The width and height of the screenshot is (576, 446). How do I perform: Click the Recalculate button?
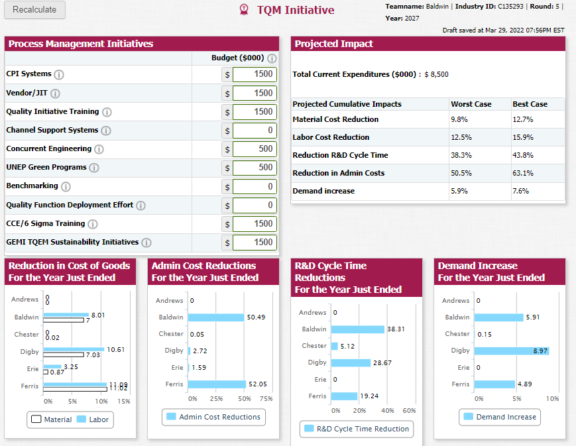pyautogui.click(x=34, y=9)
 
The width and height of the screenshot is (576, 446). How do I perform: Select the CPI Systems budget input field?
pyautogui.click(x=255, y=74)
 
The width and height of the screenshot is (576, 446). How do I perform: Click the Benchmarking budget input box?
pyautogui.click(x=255, y=186)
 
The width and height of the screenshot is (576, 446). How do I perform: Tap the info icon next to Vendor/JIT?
pyautogui.click(x=55, y=93)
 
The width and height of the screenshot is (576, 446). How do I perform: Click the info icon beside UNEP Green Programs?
pyautogui.click(x=94, y=168)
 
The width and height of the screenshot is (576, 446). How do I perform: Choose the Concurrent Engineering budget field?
pyautogui.click(x=255, y=149)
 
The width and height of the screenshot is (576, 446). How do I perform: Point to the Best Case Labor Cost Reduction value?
pyautogui.click(x=523, y=137)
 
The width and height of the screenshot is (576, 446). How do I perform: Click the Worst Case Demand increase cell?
pyautogui.click(x=459, y=191)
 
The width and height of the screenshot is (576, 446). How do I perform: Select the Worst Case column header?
pyautogui.click(x=471, y=104)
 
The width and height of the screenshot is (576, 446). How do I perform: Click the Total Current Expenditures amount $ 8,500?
pyautogui.click(x=436, y=74)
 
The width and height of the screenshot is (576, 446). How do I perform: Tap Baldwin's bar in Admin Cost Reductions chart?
pyautogui.click(x=216, y=317)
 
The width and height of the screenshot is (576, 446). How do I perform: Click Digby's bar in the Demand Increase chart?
pyautogui.click(x=512, y=351)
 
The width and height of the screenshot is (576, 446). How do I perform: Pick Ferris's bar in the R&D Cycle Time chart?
pyautogui.click(x=344, y=396)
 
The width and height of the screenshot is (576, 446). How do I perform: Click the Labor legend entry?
pyautogui.click(x=93, y=419)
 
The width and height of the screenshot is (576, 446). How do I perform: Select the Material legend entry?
pyautogui.click(x=52, y=419)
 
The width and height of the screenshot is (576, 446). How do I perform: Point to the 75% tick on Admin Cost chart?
pyautogui.click(x=266, y=398)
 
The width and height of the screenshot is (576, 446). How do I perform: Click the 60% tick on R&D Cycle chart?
pyautogui.click(x=409, y=410)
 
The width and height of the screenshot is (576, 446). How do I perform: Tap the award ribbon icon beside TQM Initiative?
pyautogui.click(x=243, y=9)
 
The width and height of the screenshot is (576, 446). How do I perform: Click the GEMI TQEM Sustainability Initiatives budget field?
pyautogui.click(x=255, y=243)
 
